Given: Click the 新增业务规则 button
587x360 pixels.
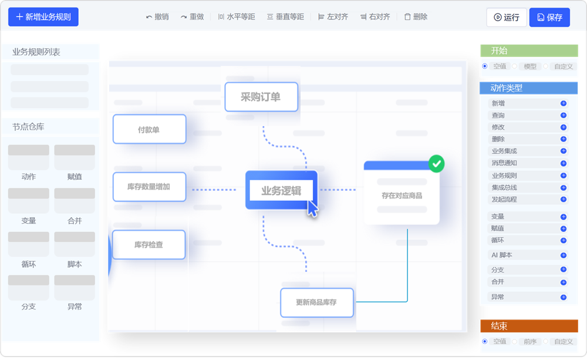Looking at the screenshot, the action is point(43,17).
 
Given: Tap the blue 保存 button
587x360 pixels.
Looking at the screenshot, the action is point(549,17).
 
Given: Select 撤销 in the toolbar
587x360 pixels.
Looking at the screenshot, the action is point(157,17).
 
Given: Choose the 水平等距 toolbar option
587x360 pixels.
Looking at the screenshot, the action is point(237,17).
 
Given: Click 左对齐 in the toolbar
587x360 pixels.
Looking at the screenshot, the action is point(333,17).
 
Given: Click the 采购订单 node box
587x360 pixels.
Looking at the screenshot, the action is point(261,97).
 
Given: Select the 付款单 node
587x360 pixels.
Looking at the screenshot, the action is point(149,129).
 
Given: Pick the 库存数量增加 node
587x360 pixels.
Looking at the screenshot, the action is point(149,187).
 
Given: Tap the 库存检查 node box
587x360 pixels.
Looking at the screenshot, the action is point(149,245).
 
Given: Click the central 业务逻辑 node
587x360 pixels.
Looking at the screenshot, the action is point(282,190).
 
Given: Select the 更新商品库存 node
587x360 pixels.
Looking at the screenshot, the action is point(317,302).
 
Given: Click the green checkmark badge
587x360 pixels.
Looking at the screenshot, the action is point(437,164).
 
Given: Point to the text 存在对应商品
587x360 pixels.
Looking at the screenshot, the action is point(402,196).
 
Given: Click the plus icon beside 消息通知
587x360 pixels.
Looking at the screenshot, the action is point(564,163).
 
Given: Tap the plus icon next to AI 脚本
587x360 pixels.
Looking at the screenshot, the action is point(564,255).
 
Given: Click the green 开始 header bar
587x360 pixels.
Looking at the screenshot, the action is point(529,51).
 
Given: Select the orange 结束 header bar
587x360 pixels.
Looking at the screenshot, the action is point(529,326).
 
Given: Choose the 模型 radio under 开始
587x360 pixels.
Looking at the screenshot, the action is point(515,66).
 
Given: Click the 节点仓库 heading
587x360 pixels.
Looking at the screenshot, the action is point(28,127).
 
